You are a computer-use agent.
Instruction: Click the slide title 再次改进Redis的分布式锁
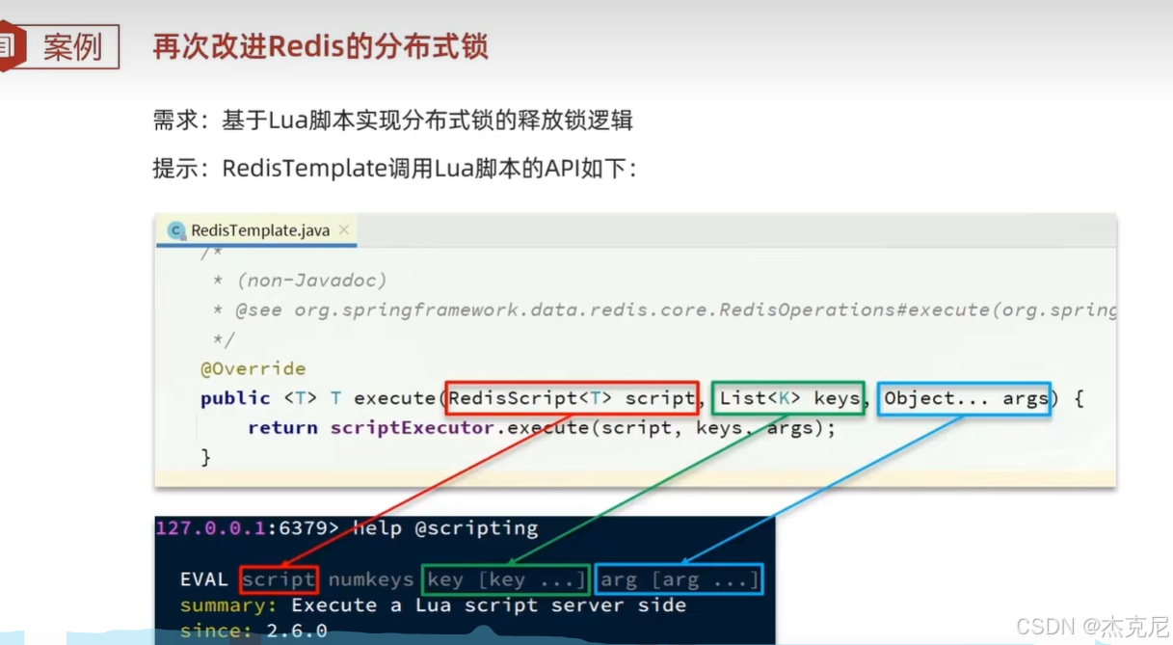(320, 46)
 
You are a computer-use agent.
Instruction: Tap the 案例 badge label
(72, 46)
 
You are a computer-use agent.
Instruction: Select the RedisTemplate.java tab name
(259, 230)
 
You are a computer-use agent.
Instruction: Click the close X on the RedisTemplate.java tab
(344, 229)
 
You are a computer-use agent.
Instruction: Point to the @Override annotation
(253, 368)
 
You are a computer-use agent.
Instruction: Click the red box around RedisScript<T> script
(573, 398)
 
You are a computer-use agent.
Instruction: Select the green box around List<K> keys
(789, 398)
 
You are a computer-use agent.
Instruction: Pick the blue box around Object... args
(965, 398)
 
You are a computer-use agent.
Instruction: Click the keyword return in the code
(282, 427)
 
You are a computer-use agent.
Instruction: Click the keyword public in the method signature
(235, 398)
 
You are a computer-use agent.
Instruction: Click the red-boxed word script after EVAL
(279, 579)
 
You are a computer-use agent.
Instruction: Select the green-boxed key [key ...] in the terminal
(506, 579)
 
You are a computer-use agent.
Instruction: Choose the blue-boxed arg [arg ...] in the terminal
(680, 579)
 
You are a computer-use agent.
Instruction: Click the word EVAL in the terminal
(203, 579)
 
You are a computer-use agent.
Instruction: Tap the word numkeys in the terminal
(370, 579)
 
